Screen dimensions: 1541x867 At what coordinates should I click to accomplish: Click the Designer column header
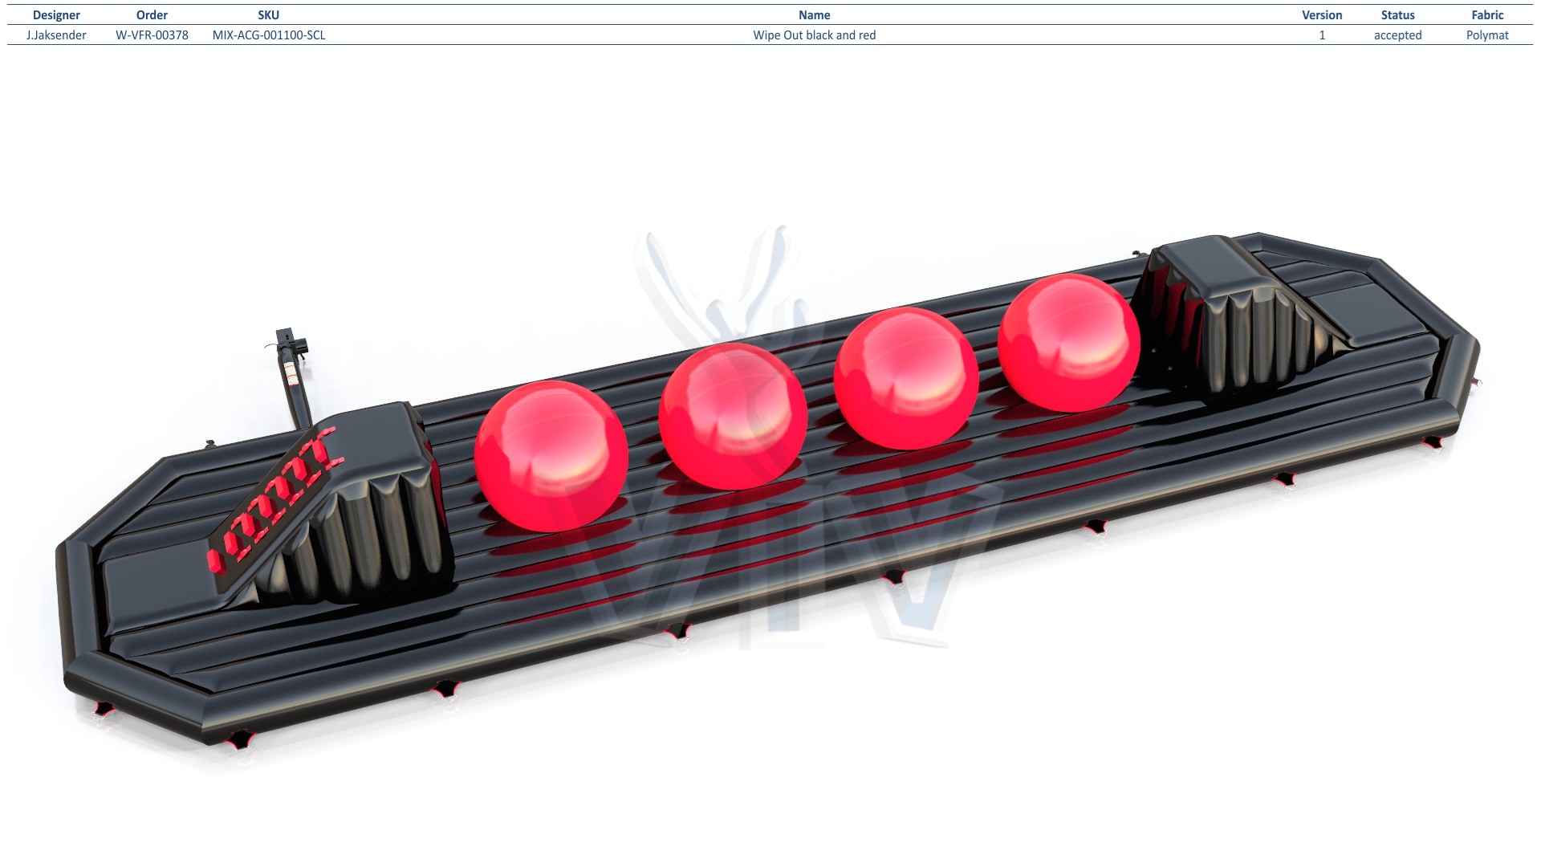coord(56,15)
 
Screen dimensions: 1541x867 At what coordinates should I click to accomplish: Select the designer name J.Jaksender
coord(56,35)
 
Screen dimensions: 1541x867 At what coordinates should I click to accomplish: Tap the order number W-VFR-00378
coord(152,35)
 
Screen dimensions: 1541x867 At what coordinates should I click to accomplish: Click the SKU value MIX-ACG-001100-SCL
coord(269,35)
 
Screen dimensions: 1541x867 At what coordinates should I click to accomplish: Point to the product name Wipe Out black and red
coord(814,35)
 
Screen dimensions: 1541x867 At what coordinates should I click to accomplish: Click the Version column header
coord(1322,15)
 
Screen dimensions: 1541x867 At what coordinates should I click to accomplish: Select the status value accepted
coord(1397,35)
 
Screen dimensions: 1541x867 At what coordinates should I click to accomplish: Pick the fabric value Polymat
coord(1487,35)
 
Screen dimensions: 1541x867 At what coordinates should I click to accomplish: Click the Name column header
coord(814,15)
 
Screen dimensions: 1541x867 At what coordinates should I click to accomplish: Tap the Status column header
coord(1397,15)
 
